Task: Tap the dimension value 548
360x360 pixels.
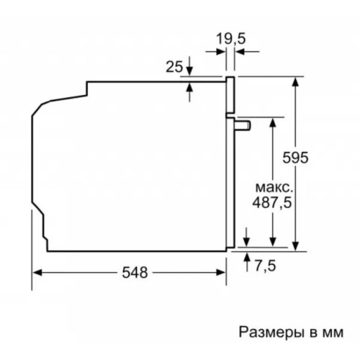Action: [x=135, y=273]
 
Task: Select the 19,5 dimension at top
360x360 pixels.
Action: [x=230, y=37]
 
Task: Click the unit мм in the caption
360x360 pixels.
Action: [x=327, y=333]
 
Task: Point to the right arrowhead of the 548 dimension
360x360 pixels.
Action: [x=222, y=272]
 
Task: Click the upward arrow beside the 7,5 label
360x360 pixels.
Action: [x=247, y=257]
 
